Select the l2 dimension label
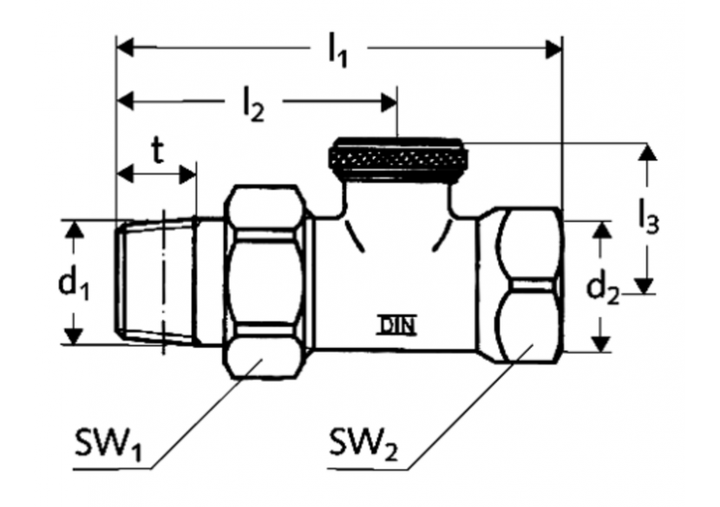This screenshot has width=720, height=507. coord(252,104)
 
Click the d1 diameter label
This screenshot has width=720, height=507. coord(75,284)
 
